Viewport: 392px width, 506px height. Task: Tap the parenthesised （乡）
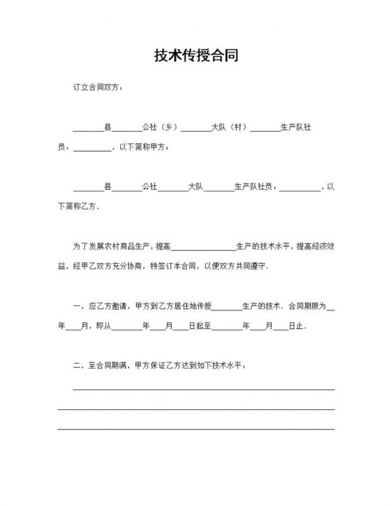(168, 128)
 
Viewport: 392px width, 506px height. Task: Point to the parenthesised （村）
(237, 128)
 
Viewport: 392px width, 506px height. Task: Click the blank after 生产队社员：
(300, 187)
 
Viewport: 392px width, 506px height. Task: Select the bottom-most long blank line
(196, 429)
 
